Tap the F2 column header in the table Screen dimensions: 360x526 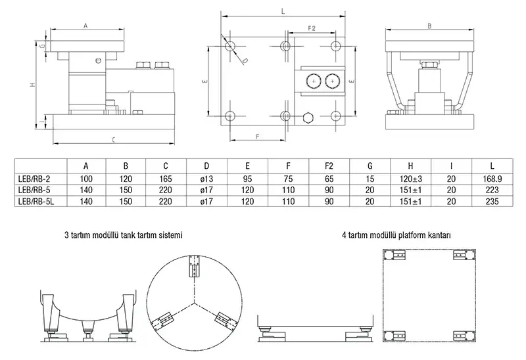pos(329,165)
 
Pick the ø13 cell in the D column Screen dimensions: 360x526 pos(207,178)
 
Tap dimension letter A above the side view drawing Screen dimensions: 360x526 pos(85,25)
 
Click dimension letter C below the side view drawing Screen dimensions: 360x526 pos(114,140)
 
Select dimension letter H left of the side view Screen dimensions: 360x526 pos(32,85)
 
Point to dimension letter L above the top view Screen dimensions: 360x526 pos(282,11)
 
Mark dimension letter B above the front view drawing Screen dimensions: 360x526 pos(429,26)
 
